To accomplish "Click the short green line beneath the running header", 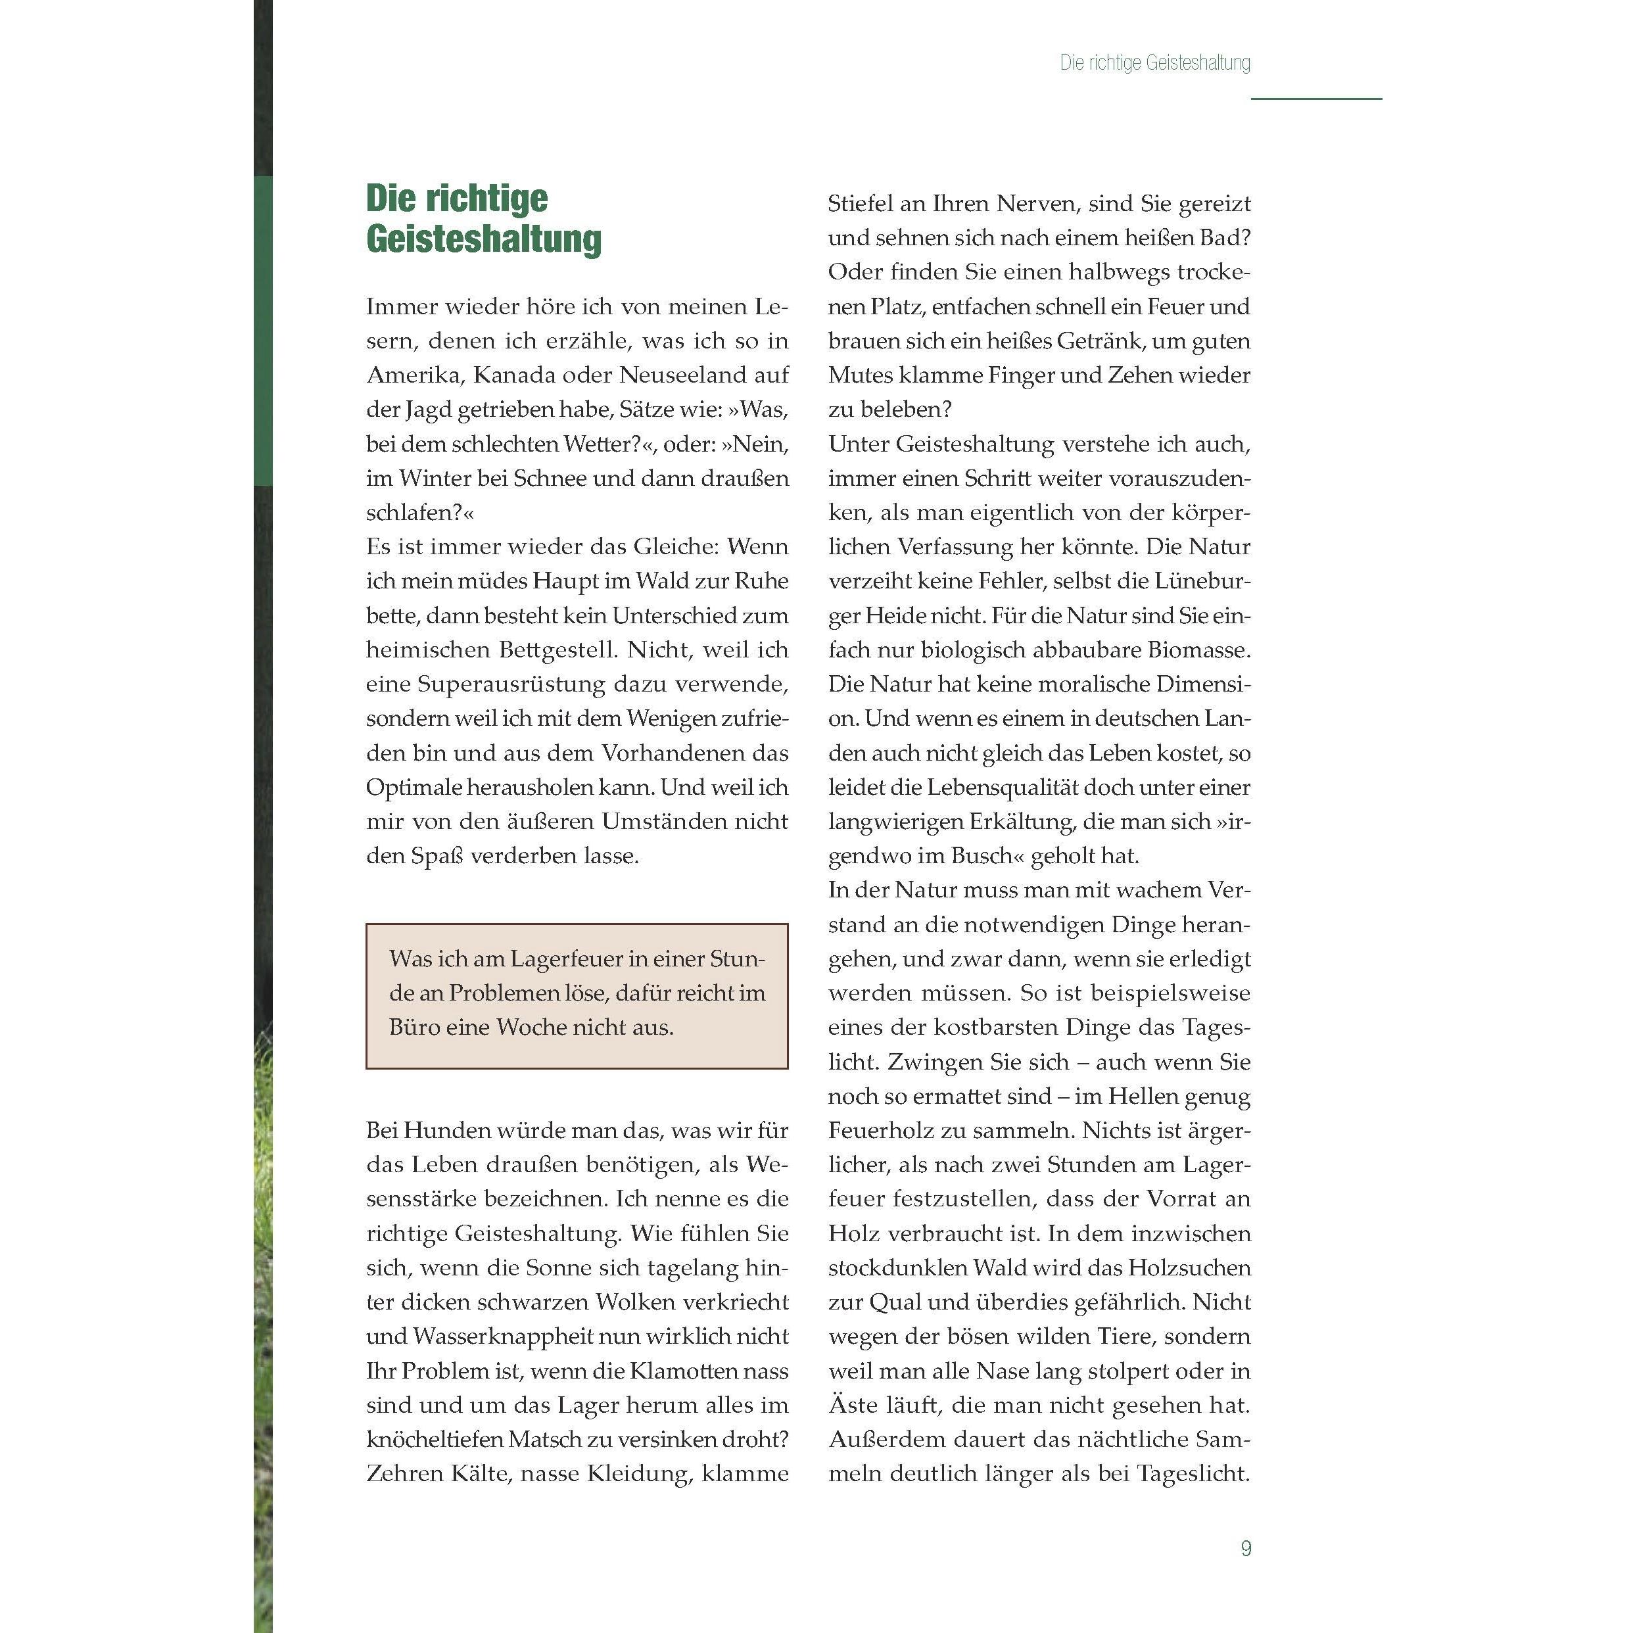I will (x=1316, y=99).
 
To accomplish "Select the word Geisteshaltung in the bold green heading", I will (x=483, y=239).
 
